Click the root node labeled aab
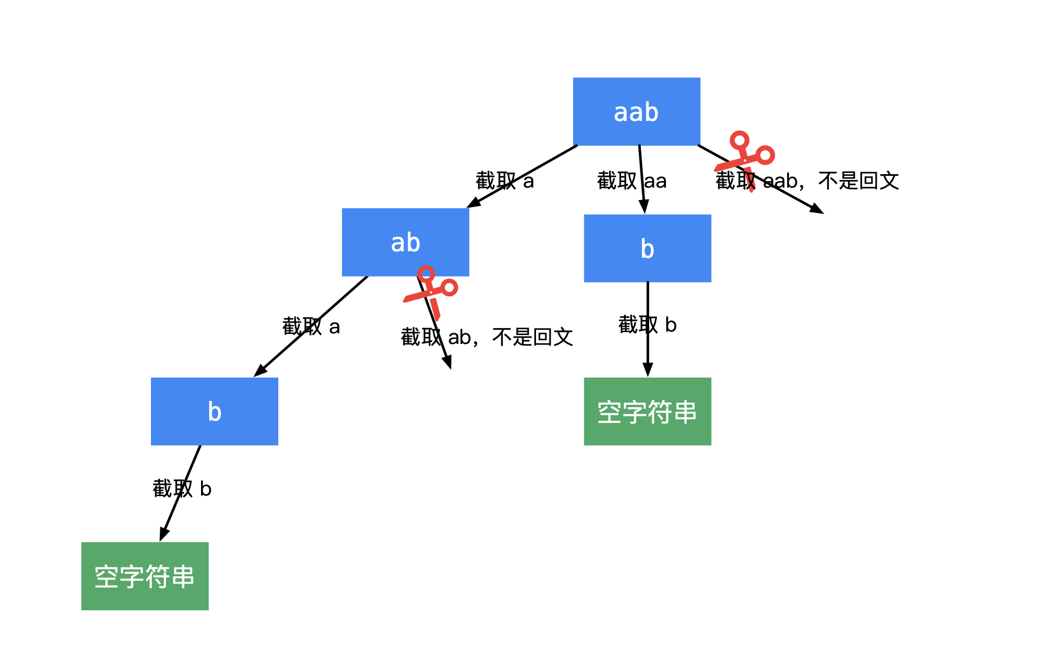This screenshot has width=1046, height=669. pos(636,112)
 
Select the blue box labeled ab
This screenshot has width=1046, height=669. pos(405,242)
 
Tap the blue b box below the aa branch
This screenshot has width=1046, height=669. pos(647,248)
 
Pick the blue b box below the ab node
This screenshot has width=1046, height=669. pos(214,411)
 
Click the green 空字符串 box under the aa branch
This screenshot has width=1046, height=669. pos(647,411)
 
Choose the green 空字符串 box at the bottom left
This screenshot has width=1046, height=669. pos(144,576)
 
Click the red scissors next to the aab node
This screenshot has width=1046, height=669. pos(746,157)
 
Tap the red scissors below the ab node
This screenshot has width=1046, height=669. pos(431,291)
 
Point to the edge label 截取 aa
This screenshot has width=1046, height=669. pos(631,181)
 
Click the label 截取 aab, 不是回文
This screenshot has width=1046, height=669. pos(807,181)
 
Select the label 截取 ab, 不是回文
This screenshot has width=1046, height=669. pos(486,337)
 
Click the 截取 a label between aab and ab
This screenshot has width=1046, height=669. pos(505,181)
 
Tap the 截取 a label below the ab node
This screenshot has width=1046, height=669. pos(311,326)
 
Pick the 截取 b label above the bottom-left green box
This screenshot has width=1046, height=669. pos(182,488)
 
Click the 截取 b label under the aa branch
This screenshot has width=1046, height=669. pos(647,324)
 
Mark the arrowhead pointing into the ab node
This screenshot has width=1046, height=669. pos(473,204)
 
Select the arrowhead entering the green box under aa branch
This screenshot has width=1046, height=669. pos(647,370)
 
